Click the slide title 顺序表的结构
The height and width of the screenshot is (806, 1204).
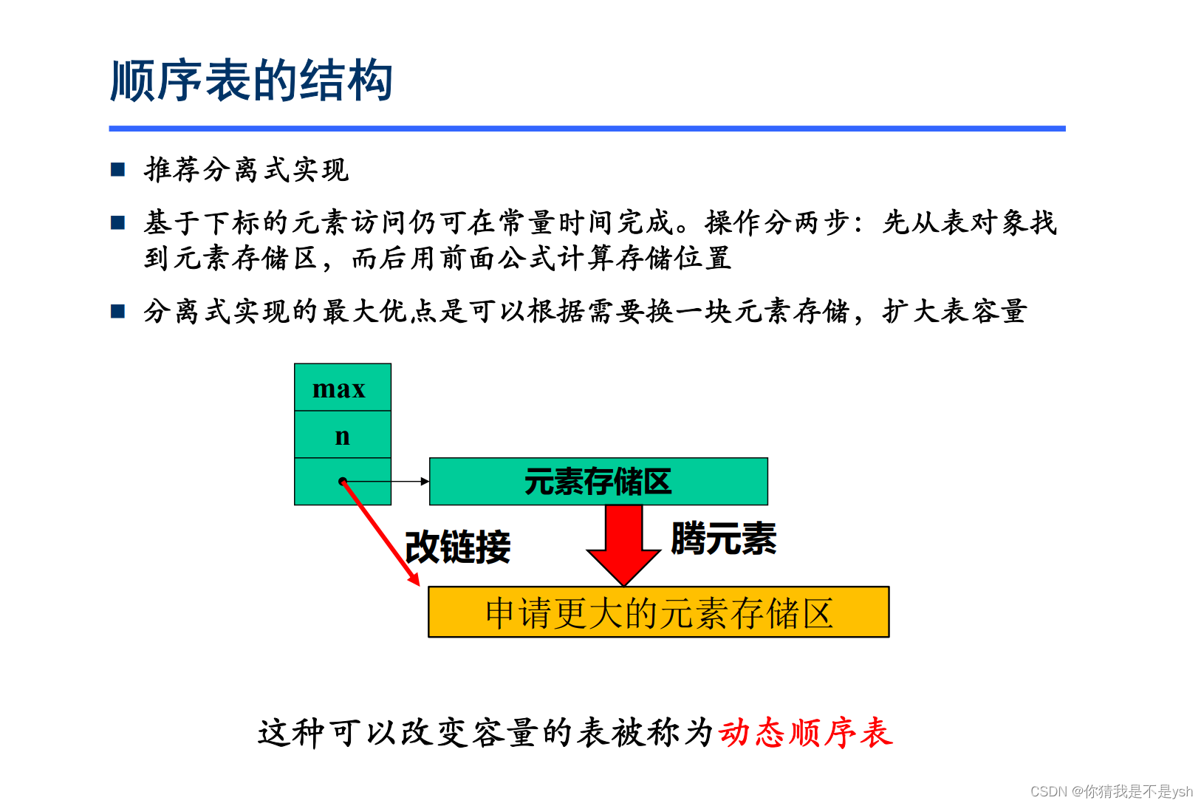coord(251,81)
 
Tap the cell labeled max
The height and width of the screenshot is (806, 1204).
coord(342,388)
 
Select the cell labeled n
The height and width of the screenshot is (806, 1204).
coord(342,435)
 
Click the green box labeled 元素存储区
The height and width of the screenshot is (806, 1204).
coord(598,482)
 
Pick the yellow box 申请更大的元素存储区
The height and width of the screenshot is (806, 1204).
coord(658,612)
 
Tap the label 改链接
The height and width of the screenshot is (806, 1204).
coord(458,547)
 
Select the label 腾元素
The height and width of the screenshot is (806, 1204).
coord(723,539)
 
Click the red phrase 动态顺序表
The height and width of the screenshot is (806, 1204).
coord(805,733)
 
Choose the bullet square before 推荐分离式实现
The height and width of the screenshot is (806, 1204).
coord(118,170)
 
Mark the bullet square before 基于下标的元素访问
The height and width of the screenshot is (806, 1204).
coord(118,222)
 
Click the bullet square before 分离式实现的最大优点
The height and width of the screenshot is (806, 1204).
coord(118,311)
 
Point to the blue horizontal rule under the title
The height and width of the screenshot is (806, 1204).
coord(586,129)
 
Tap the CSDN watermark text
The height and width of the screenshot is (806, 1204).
coord(1111,791)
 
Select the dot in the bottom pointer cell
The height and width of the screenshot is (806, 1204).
coord(343,482)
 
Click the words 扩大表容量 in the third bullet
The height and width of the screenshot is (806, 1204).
coord(954,311)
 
